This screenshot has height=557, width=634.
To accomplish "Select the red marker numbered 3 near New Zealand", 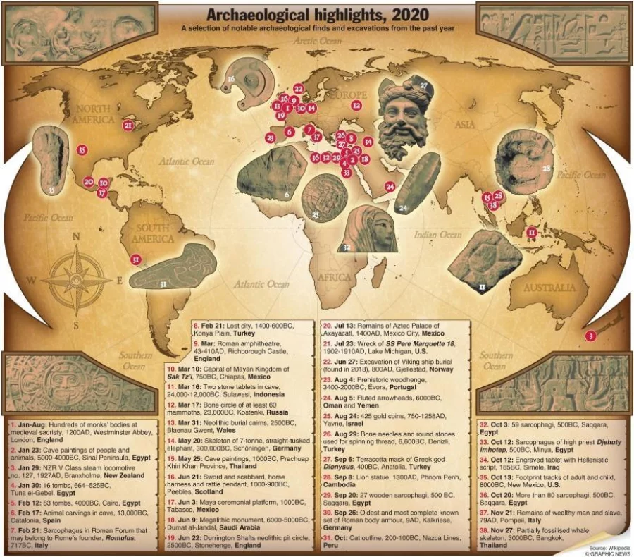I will pos(590,336).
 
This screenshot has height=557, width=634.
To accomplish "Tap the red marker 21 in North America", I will pos(128,126).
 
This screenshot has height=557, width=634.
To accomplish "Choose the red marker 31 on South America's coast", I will pos(136,259).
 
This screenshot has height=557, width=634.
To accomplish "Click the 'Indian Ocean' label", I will pos(439,235).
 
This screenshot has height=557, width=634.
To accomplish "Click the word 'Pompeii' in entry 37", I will pos(509,520).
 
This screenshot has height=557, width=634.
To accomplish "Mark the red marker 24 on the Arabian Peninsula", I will pos(390,187).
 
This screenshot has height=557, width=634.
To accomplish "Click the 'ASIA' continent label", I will pos(465,125).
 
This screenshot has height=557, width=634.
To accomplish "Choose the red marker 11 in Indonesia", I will pos(532,231).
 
